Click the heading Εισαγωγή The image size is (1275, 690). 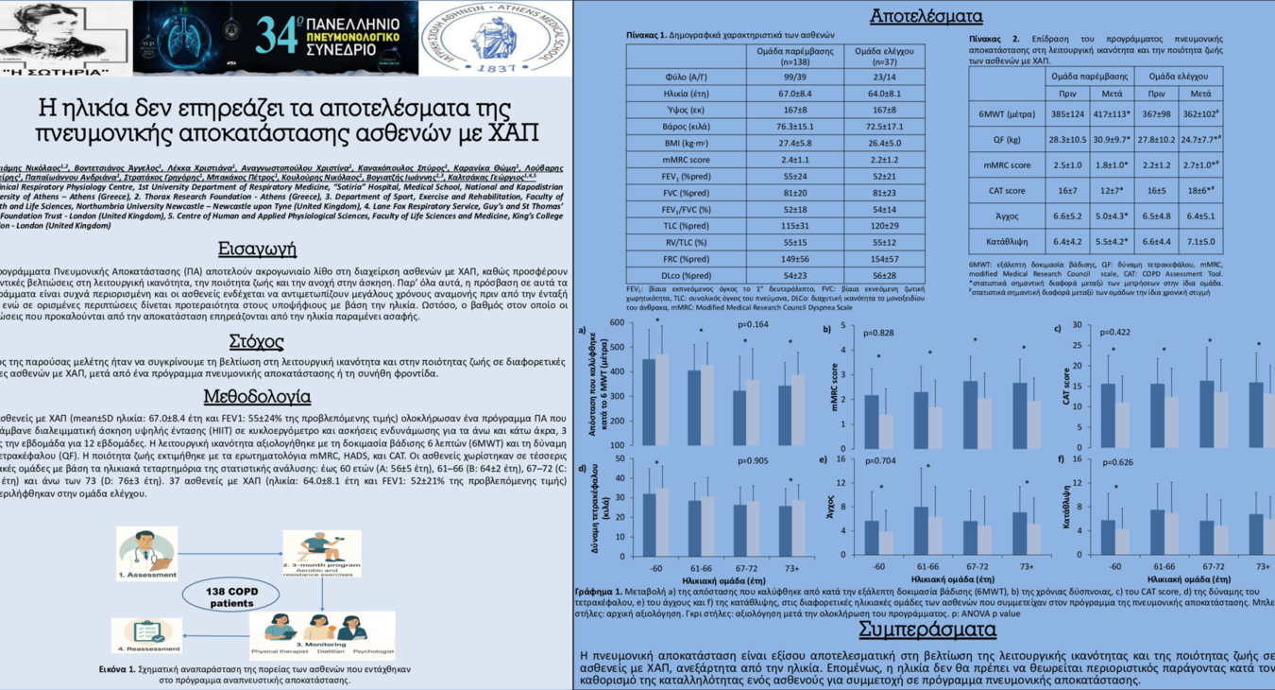[x=257, y=250]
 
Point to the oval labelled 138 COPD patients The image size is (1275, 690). [x=230, y=596]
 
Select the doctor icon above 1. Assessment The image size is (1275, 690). [x=147, y=547]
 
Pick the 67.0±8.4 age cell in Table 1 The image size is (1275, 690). [x=795, y=94]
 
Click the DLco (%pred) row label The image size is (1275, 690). [x=686, y=275]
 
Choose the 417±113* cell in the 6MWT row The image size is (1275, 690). [x=1111, y=114]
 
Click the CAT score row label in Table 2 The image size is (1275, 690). [x=1007, y=190]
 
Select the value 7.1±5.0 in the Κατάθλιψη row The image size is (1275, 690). [x=1199, y=241]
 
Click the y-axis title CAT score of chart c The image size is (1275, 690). [x=1067, y=386]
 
